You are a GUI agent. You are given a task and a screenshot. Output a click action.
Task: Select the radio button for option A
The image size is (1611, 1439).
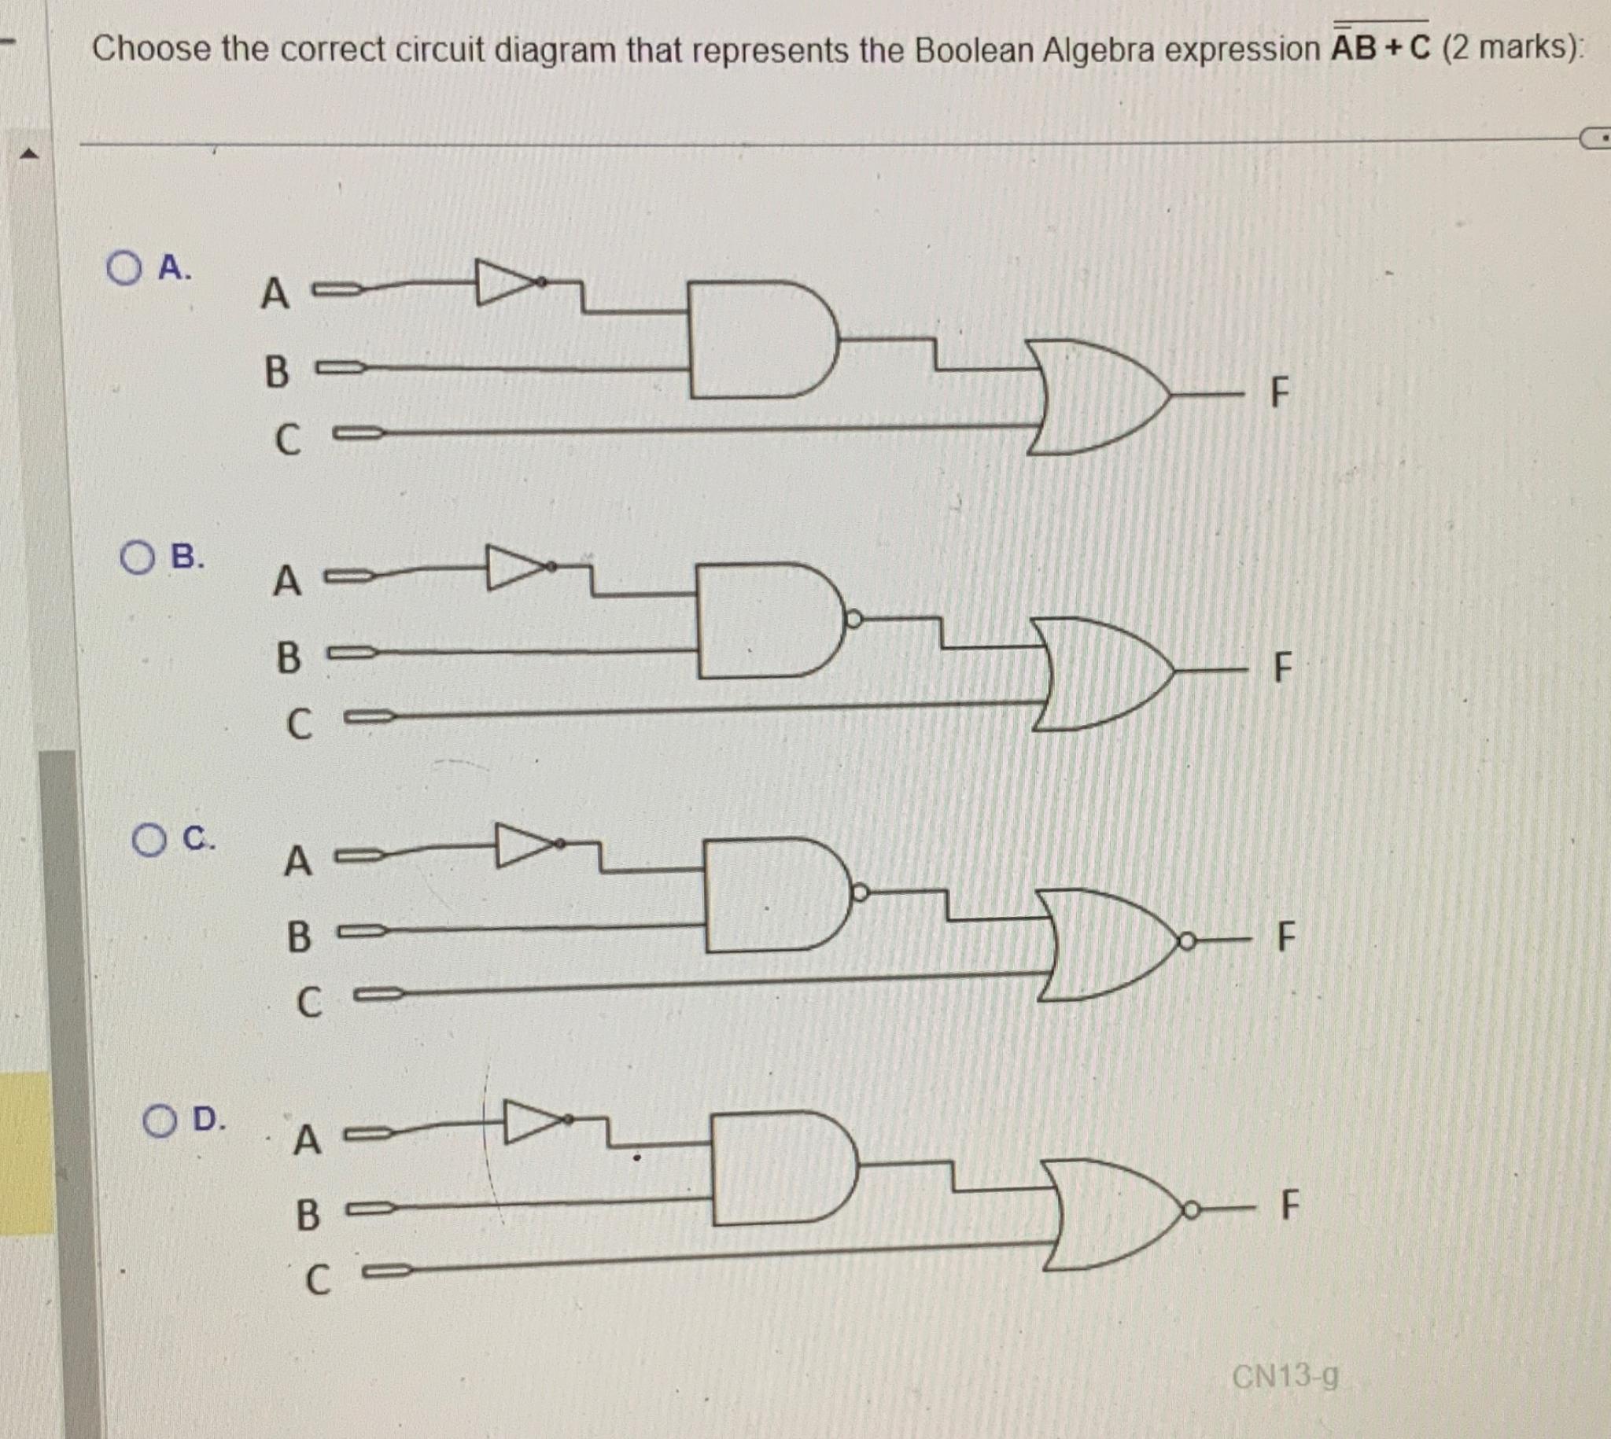click(x=123, y=268)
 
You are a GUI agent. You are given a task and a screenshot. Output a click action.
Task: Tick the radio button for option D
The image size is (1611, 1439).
click(x=160, y=1121)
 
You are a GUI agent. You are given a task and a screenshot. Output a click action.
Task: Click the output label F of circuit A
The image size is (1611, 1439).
click(x=1279, y=392)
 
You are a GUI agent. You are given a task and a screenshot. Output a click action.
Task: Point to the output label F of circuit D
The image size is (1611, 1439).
click(x=1289, y=1205)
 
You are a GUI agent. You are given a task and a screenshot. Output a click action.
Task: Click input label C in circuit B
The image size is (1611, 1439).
click(x=299, y=724)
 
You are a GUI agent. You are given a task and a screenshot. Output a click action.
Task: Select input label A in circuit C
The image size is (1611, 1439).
click(x=297, y=861)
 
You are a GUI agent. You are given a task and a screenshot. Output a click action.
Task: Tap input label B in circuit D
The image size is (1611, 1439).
click(x=308, y=1215)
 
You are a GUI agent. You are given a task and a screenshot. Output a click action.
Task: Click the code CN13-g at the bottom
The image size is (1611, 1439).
click(x=1285, y=1377)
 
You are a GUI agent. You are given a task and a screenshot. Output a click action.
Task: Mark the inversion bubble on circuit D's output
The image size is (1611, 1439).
click(x=1189, y=1209)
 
